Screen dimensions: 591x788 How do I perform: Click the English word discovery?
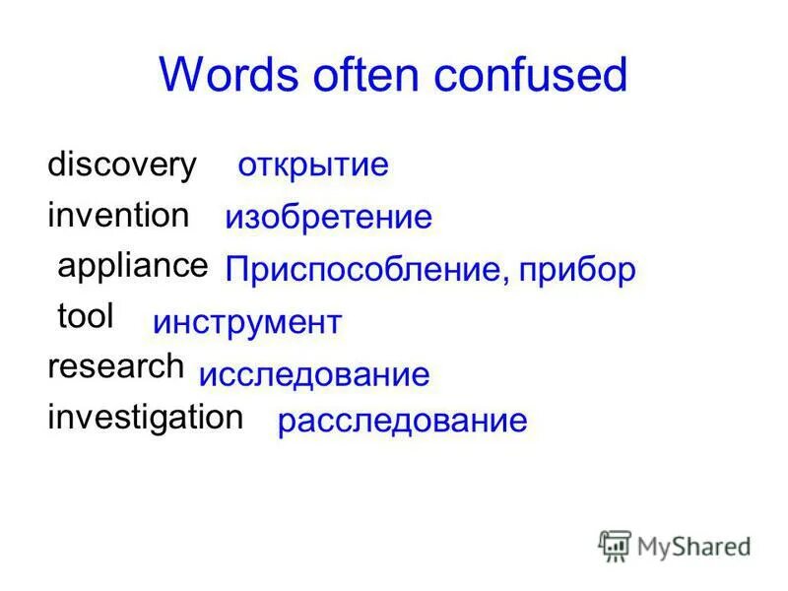click(122, 165)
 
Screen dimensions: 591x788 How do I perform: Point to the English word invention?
click(118, 215)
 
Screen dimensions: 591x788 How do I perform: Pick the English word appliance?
click(133, 265)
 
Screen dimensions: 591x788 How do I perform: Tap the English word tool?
click(86, 316)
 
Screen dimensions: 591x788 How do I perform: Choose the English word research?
click(115, 366)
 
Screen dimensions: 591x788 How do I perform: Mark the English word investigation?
click(145, 417)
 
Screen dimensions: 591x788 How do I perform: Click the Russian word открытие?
click(313, 164)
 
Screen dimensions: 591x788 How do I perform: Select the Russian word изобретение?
click(328, 218)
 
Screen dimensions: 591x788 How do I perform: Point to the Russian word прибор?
click(578, 271)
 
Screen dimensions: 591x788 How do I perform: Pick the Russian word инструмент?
click(247, 322)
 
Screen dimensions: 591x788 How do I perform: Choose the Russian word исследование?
click(314, 374)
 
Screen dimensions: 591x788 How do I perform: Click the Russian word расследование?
click(402, 423)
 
